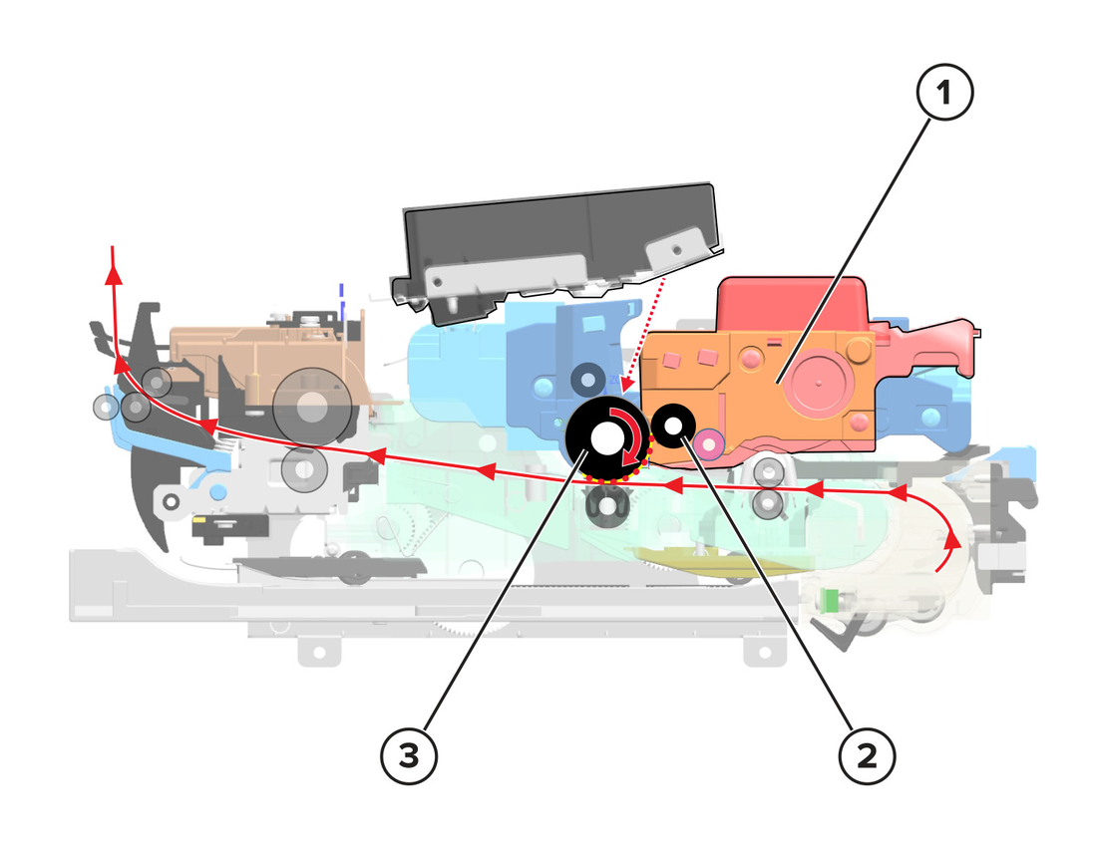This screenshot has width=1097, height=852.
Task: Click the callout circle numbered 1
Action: point(944,92)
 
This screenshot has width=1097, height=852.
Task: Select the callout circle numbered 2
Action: point(867,755)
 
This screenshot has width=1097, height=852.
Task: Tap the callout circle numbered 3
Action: point(409,755)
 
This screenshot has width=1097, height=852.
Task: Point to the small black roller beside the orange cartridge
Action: point(673,425)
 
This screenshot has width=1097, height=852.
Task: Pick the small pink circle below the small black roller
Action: point(709,443)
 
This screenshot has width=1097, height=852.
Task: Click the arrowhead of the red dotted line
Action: point(626,384)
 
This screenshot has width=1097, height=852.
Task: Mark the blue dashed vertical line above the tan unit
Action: point(341,302)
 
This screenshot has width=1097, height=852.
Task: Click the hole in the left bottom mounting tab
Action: point(319,652)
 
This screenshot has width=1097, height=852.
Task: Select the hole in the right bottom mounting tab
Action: point(764,653)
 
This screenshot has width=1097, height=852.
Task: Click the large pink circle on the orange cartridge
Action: point(817,382)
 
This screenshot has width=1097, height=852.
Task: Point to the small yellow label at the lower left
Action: point(198,520)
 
